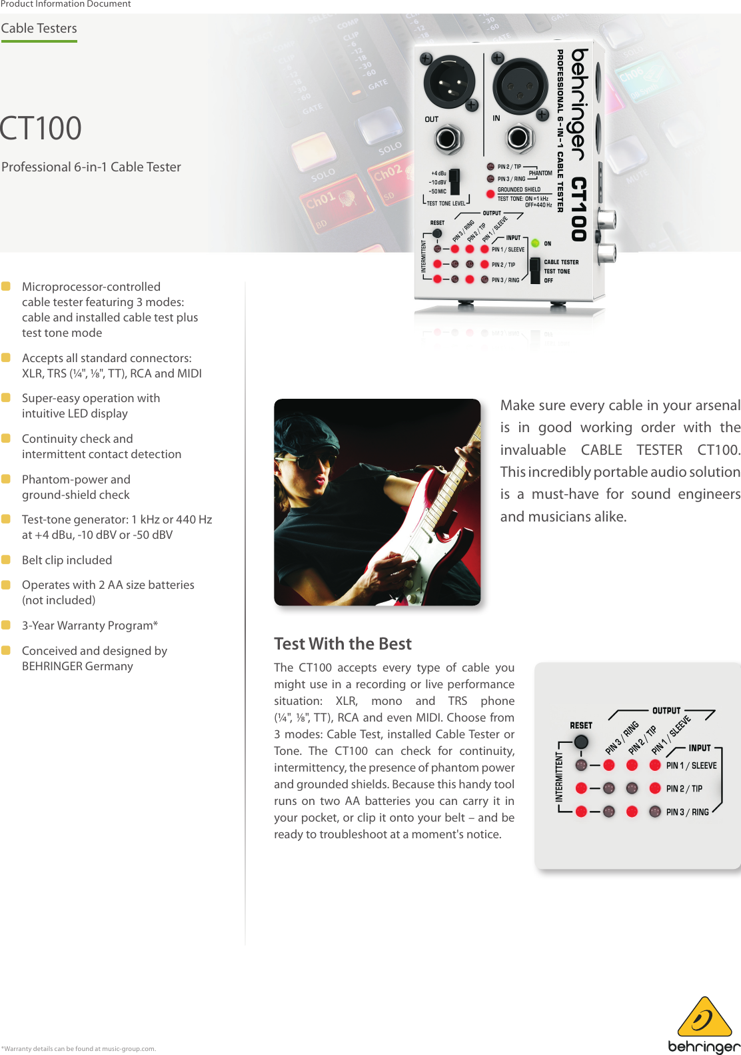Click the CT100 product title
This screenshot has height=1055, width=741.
coord(41,129)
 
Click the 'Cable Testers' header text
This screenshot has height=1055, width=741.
coord(39,29)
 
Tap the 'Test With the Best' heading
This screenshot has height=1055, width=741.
coord(343,644)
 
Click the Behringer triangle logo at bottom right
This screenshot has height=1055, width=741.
coord(704,1019)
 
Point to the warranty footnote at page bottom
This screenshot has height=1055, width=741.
coord(79,1048)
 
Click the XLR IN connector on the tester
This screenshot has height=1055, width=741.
coord(520,85)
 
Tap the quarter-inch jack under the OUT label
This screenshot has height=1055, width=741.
coord(447,139)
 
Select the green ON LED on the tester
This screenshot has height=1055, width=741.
coord(535,243)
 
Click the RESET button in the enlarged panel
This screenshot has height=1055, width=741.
coord(581,742)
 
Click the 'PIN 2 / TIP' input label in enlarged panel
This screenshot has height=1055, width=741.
coord(684,789)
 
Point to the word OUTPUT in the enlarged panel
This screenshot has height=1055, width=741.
coord(666,711)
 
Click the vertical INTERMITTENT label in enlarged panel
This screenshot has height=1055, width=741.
coord(560,777)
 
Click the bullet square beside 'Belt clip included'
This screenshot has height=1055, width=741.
coord(6,560)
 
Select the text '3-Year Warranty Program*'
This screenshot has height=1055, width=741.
coord(90,626)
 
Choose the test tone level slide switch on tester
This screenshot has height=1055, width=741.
coord(454,181)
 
